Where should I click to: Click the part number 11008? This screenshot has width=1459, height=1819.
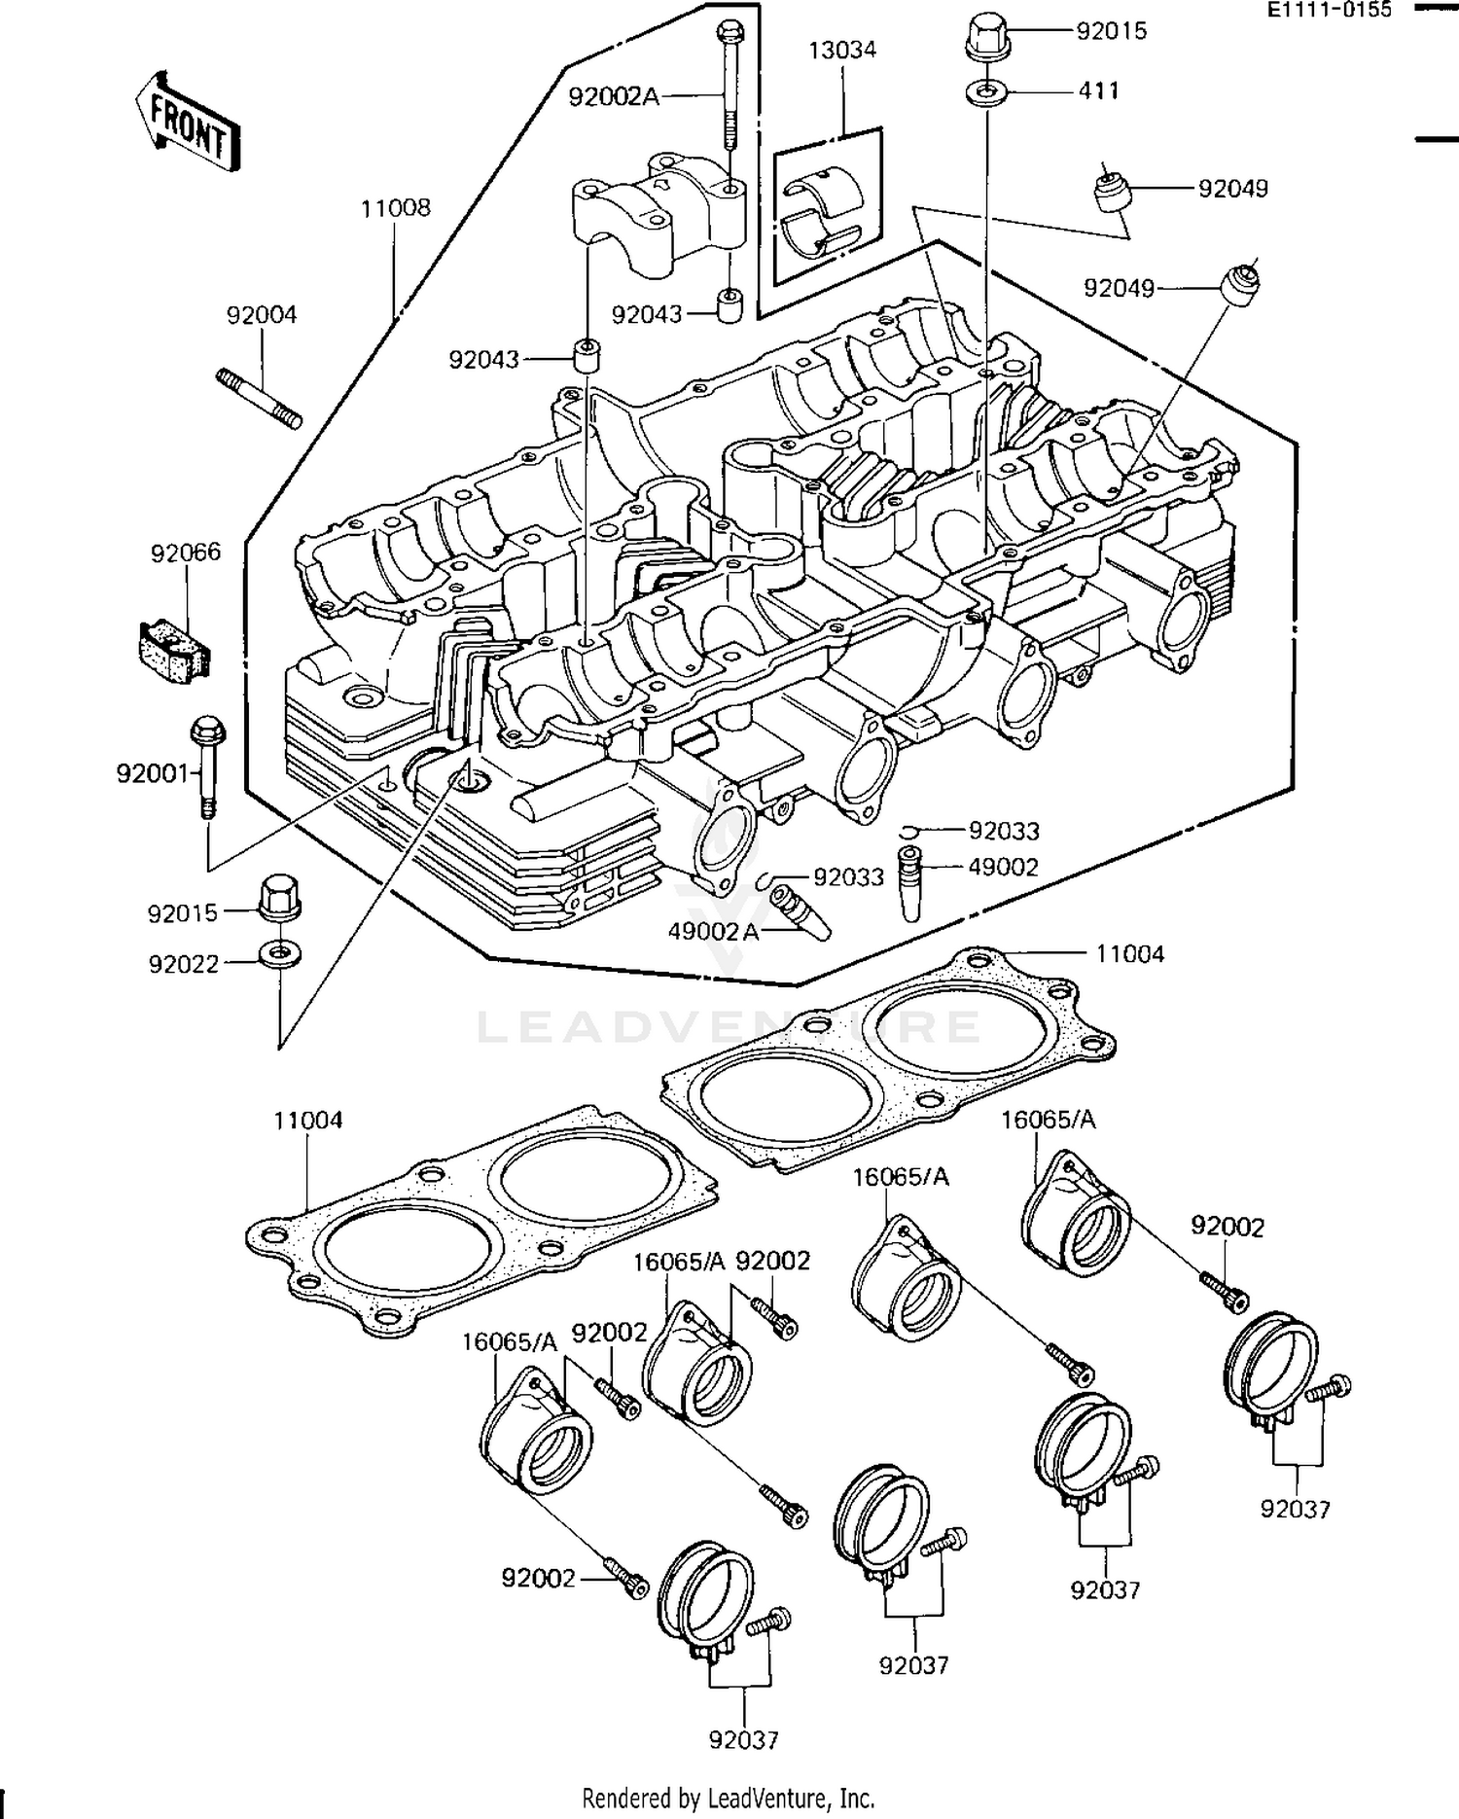tap(395, 208)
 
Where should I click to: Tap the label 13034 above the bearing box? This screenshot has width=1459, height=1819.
tap(842, 51)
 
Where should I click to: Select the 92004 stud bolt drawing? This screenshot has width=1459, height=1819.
tap(258, 397)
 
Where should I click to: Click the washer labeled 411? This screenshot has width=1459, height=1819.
tap(987, 93)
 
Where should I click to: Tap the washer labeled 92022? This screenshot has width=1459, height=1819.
tap(279, 951)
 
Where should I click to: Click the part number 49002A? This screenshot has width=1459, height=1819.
tap(712, 931)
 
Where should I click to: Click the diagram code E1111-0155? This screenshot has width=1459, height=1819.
tap(1329, 11)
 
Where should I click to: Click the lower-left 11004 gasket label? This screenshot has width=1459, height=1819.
tap(307, 1121)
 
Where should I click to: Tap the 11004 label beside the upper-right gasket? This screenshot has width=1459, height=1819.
tap(1129, 954)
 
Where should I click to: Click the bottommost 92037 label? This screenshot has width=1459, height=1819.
tap(744, 1739)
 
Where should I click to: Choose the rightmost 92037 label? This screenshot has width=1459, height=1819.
tap(1296, 1509)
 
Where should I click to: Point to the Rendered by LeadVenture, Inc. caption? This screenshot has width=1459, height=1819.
tap(729, 1798)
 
